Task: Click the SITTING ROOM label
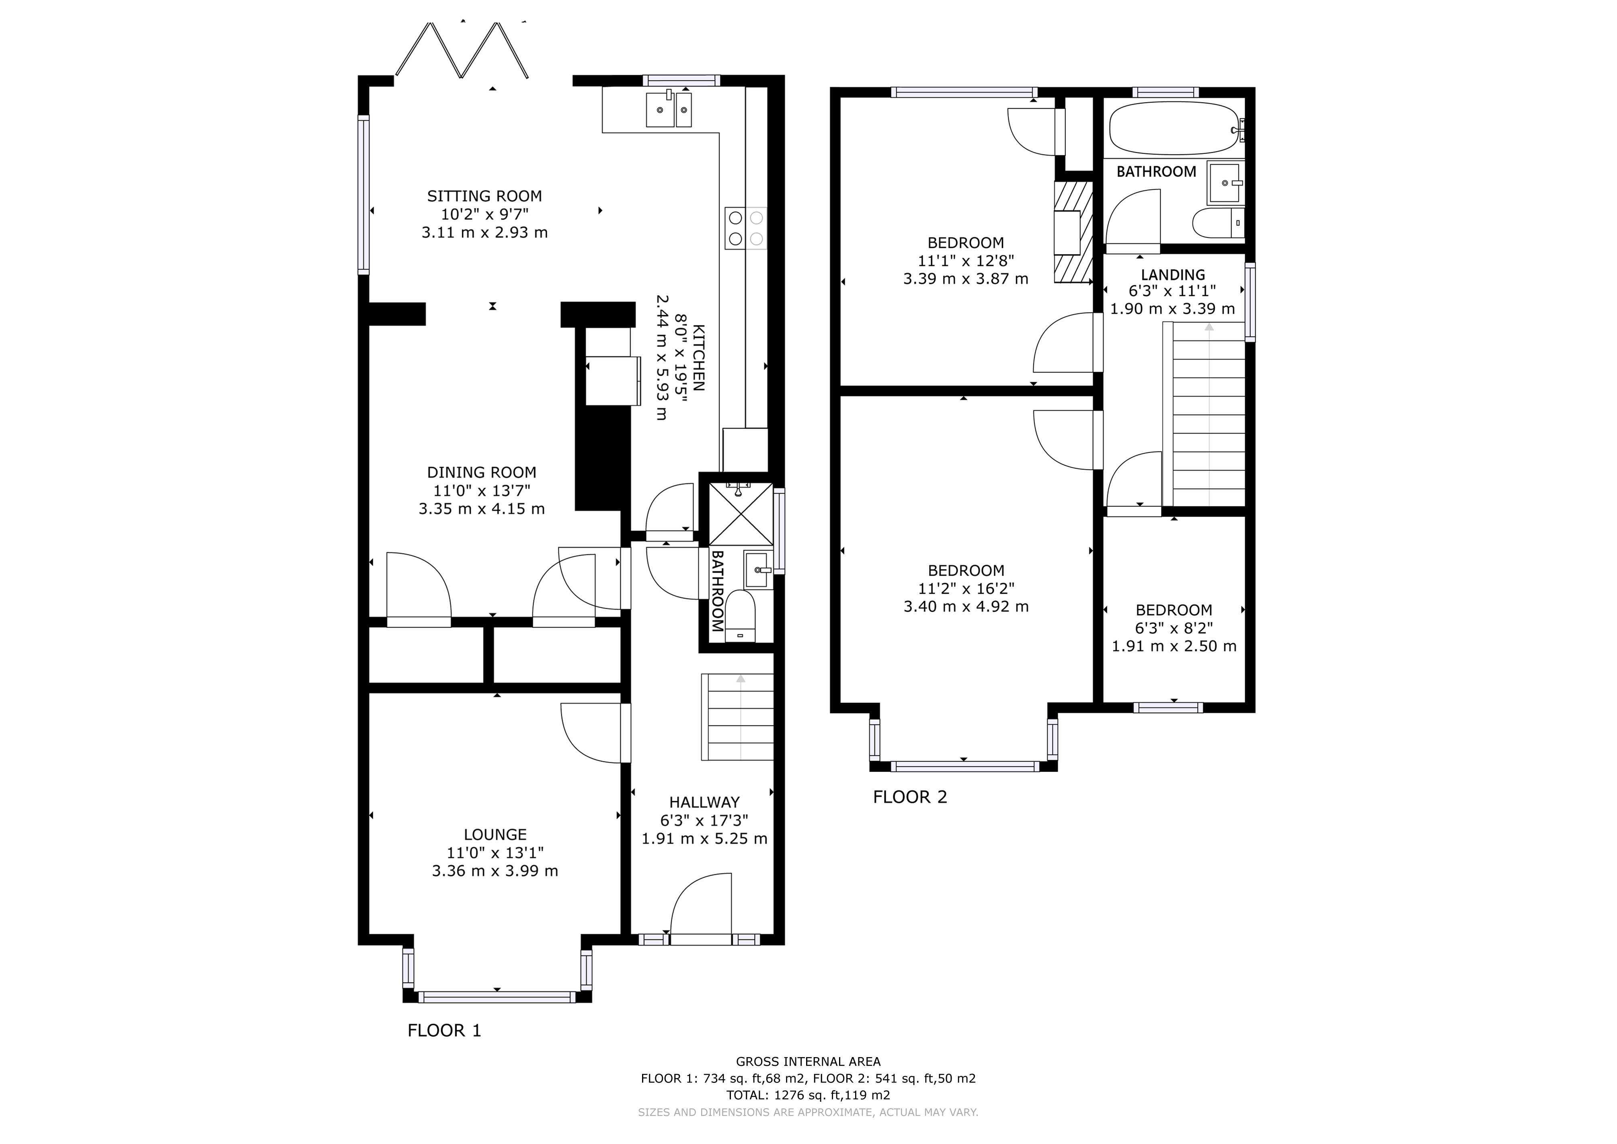[484, 196]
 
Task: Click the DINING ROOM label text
[482, 473]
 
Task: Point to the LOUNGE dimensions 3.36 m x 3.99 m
[495, 871]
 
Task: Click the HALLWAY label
[704, 802]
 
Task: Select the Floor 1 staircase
[737, 717]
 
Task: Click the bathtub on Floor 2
[1173, 130]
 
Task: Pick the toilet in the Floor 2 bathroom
[1219, 224]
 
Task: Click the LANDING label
[1173, 275]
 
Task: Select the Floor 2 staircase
[1204, 416]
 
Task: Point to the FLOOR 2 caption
[910, 797]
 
